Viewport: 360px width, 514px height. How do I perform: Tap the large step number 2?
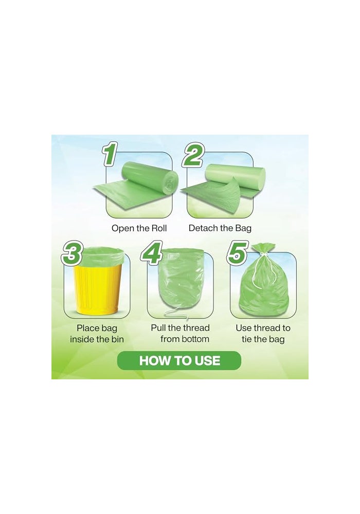coord(192,154)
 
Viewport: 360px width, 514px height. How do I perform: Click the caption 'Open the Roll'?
coord(139,228)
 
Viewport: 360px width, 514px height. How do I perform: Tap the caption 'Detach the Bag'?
coord(220,228)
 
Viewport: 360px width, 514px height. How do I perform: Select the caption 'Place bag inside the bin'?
coord(97,333)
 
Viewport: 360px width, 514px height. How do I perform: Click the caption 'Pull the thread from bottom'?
coord(180,333)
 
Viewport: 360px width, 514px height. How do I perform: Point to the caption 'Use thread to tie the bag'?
coord(263,333)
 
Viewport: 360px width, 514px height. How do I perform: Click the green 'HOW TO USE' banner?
coord(179,360)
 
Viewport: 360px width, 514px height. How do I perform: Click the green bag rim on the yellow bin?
coord(103,254)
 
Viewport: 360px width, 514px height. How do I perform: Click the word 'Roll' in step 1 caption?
coord(158,228)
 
